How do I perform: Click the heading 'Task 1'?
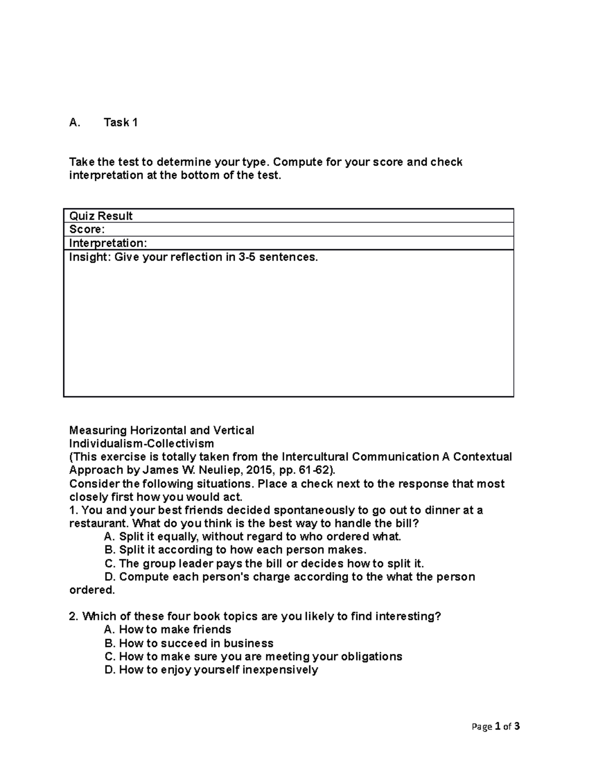(120, 123)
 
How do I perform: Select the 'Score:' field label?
(87, 229)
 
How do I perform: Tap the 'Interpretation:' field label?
(107, 243)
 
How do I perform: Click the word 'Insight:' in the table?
(90, 257)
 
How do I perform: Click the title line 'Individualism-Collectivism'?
(141, 444)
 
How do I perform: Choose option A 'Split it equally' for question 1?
(253, 537)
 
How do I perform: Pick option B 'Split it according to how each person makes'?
(236, 550)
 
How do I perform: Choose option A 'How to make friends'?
(168, 630)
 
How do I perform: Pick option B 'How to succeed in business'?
(189, 643)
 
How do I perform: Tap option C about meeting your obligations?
(253, 656)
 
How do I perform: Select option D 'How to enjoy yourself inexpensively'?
(211, 670)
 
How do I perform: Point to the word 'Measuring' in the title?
(98, 430)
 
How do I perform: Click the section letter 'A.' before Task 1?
(75, 123)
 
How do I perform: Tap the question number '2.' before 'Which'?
(74, 617)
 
